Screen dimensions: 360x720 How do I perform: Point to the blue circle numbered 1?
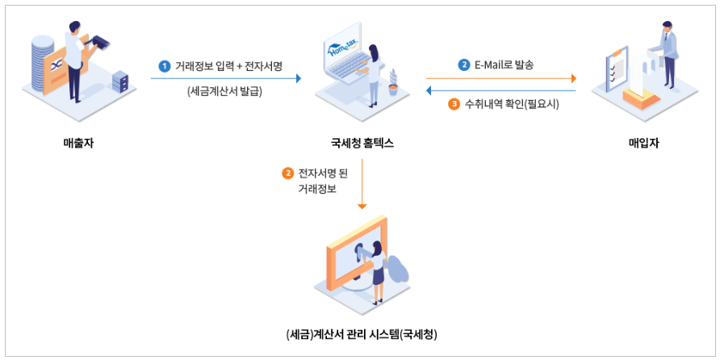(165, 65)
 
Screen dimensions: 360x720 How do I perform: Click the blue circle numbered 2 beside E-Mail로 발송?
(464, 65)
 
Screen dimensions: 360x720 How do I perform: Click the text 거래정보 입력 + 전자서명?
(229, 65)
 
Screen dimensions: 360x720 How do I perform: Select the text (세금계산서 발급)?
(224, 90)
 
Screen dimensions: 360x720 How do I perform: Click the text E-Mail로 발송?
(505, 65)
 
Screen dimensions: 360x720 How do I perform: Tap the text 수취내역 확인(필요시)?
(512, 104)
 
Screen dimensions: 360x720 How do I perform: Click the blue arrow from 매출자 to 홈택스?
(225, 78)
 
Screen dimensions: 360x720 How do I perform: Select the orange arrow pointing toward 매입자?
(500, 78)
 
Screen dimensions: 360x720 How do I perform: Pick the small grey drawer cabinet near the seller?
(119, 81)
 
